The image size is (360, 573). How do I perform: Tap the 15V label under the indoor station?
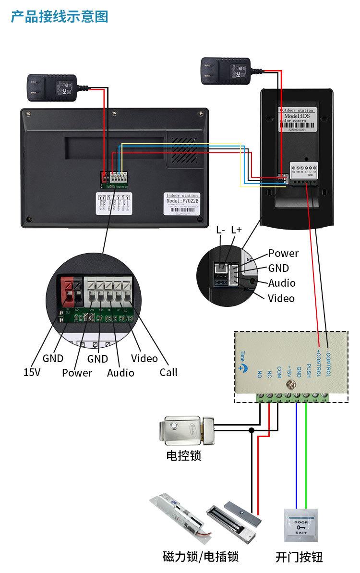(32, 372)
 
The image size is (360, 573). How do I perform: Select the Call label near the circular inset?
(168, 372)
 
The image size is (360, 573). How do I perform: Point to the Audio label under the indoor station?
(120, 373)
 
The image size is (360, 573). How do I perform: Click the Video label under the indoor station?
(144, 358)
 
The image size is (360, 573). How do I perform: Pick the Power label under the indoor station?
(77, 373)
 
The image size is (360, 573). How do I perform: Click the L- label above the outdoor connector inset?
(221, 230)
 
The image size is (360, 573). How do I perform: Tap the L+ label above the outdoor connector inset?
(237, 230)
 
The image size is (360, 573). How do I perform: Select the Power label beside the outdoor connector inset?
(283, 253)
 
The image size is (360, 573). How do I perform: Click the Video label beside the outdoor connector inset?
(281, 298)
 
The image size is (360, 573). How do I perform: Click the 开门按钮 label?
(299, 557)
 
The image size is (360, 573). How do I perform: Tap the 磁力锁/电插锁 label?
(201, 557)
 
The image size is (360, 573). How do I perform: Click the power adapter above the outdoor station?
(226, 70)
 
